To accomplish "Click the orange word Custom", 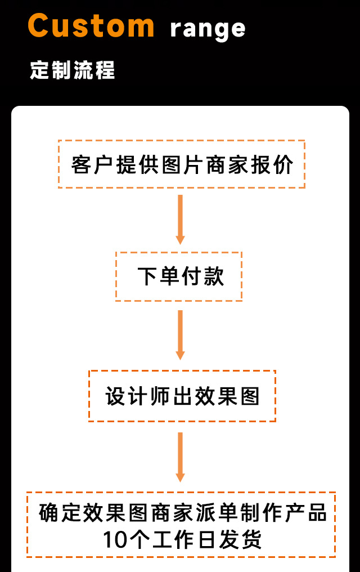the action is pos(91,25).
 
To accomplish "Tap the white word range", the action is pos(208,29).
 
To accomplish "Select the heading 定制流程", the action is pos(73,71).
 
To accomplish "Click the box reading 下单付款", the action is pos(179,276).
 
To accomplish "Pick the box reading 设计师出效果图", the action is pos(182,396).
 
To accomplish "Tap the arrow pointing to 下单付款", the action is pos(180,220).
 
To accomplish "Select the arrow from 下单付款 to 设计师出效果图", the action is pos(180,335).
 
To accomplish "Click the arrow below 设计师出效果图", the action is pos(180,457).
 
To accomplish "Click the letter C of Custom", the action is pos(40,25).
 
